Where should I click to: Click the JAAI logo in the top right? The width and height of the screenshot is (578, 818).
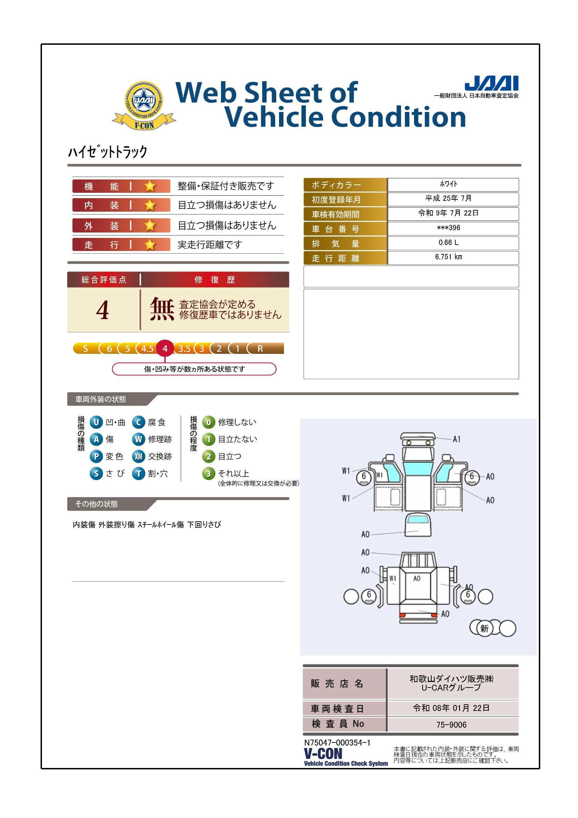pos(492,83)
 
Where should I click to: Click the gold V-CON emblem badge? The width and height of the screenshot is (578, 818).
pos(144,106)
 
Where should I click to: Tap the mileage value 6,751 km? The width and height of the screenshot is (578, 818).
pos(448,257)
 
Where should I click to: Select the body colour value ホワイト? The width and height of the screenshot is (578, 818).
pos(448,184)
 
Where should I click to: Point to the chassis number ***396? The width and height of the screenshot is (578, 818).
pos(448,228)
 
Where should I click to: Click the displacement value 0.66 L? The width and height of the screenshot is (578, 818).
pos(448,242)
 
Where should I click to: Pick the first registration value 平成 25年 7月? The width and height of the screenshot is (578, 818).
pos(448,198)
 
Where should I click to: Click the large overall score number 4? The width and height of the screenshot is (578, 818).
pos(102,310)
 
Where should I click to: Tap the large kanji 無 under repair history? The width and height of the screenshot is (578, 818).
pos(162,309)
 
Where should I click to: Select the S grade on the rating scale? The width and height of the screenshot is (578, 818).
pos(85,348)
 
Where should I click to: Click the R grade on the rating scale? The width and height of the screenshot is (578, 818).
pos(261,348)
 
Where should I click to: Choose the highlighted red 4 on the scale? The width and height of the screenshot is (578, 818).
pos(165,348)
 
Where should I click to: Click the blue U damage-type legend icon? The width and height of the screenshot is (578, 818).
pos(96,423)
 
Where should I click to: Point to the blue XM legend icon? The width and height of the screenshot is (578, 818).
pos(138,456)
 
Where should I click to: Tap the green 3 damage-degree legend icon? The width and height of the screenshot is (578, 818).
pos(209,473)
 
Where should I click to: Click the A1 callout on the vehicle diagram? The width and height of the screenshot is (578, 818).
pos(457,439)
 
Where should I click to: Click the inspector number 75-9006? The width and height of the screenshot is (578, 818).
pos(451,725)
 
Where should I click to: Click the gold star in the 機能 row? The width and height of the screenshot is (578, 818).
pos(150,186)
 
